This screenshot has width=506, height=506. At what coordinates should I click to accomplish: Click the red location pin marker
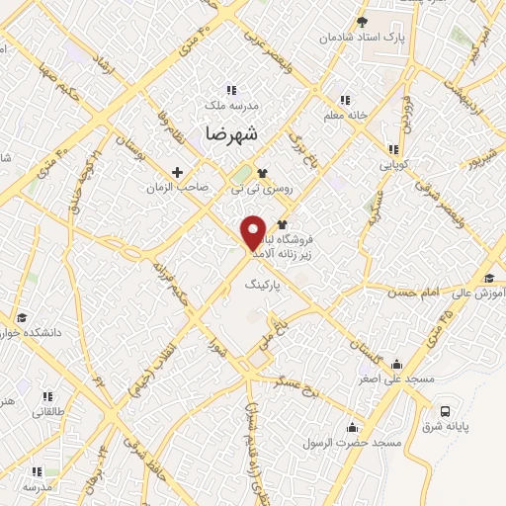[x=255, y=231]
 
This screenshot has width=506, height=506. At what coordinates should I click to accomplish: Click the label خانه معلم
[x=344, y=114]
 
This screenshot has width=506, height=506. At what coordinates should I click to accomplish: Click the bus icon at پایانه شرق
[x=447, y=410]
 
